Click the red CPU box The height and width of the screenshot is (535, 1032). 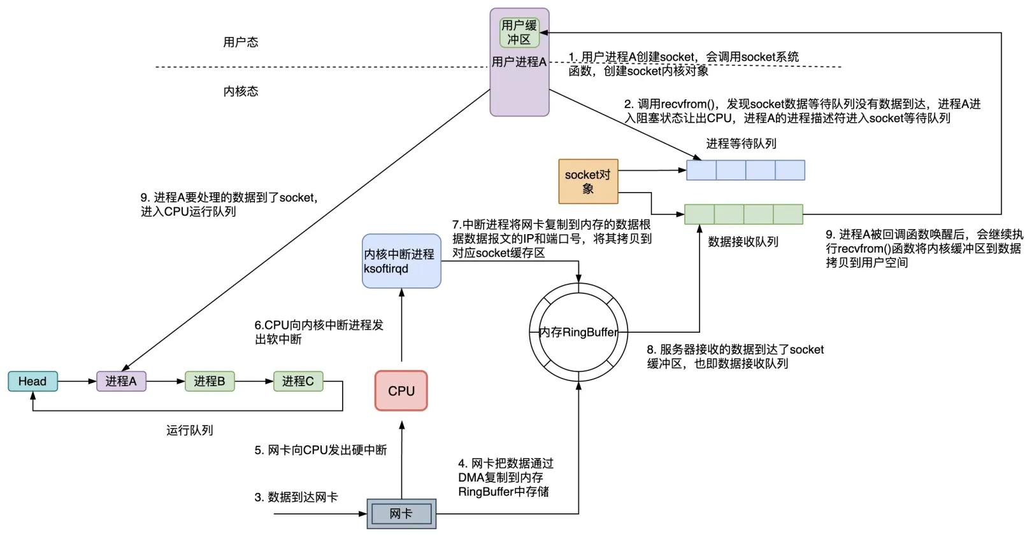click(x=401, y=391)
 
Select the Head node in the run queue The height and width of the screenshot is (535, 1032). click(x=32, y=381)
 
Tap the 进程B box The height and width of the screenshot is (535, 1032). click(x=210, y=381)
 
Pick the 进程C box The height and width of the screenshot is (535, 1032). click(x=297, y=381)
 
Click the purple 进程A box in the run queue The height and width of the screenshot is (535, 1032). click(x=121, y=381)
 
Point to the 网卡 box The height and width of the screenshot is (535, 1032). click(x=401, y=513)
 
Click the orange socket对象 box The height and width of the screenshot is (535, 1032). click(x=588, y=181)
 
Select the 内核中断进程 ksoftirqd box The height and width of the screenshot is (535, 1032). click(x=401, y=261)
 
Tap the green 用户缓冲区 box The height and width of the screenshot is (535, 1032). click(x=519, y=32)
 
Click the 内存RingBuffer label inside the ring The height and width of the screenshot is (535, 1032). click(x=578, y=332)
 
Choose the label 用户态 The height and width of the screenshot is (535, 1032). click(x=240, y=42)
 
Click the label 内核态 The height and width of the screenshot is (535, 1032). click(x=240, y=91)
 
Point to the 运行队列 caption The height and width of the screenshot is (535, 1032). click(x=189, y=430)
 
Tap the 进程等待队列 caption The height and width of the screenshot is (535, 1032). click(x=741, y=144)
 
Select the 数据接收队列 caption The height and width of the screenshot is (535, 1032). click(x=743, y=242)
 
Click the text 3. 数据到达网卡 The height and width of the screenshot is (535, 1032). click(x=296, y=497)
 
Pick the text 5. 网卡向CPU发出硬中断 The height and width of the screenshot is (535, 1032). click(x=320, y=450)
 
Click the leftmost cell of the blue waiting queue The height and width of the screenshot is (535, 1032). click(x=701, y=170)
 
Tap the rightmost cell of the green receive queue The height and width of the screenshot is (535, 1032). click(x=788, y=214)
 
